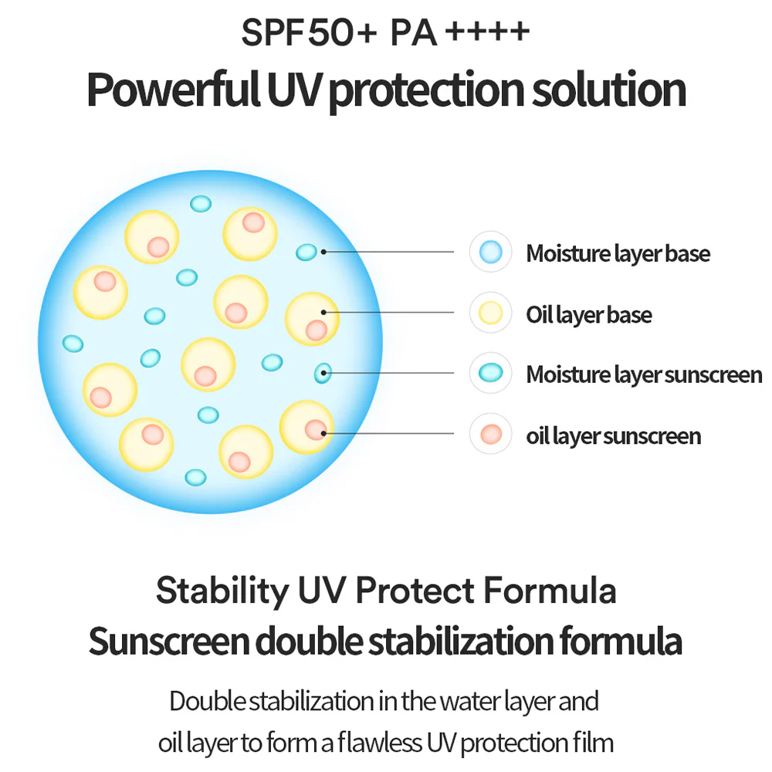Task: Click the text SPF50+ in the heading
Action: click(309, 32)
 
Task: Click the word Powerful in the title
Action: click(173, 90)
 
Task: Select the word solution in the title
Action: click(609, 90)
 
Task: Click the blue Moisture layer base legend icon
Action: click(491, 252)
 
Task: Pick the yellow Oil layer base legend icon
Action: click(491, 313)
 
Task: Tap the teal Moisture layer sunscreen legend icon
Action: click(491, 373)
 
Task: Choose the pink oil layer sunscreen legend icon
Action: click(491, 434)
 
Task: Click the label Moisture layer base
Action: click(618, 254)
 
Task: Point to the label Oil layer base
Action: click(589, 315)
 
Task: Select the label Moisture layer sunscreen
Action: click(644, 375)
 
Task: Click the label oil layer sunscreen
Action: click(614, 436)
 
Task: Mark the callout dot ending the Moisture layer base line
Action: click(323, 252)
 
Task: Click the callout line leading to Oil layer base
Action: click(388, 312)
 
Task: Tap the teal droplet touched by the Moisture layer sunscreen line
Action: click(323, 373)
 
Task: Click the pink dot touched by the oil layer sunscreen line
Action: click(316, 430)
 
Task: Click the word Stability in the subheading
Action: click(222, 591)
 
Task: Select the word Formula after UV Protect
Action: click(550, 590)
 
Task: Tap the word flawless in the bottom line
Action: click(380, 743)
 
